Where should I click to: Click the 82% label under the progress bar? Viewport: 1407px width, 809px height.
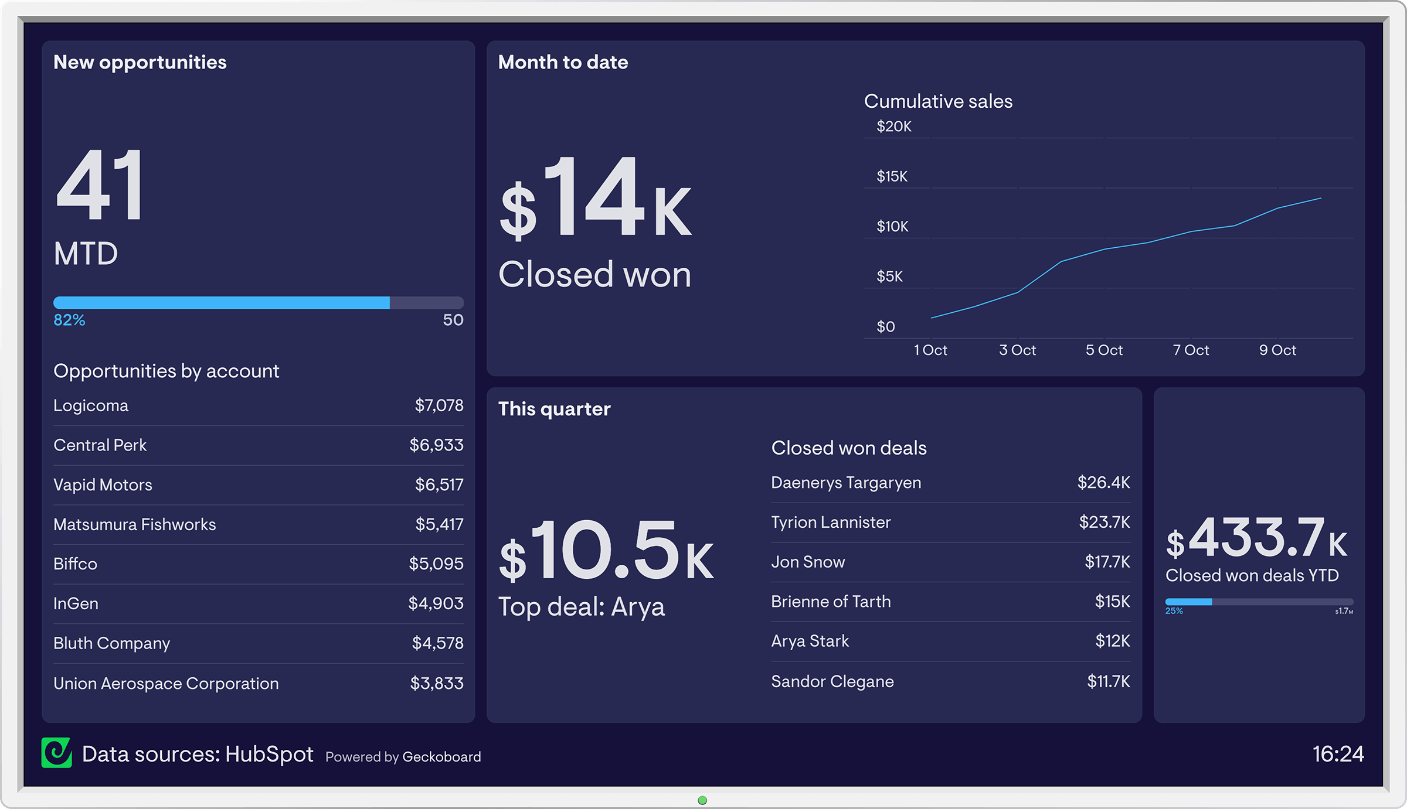tap(69, 320)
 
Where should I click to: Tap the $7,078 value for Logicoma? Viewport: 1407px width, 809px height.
tap(439, 405)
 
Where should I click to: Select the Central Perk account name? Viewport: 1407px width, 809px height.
tap(100, 445)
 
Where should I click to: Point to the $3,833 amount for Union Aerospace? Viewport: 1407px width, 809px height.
tap(436, 683)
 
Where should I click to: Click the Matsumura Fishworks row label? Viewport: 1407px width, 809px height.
tap(134, 524)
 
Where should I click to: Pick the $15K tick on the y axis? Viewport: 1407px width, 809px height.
tap(892, 176)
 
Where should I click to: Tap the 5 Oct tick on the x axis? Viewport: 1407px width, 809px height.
tap(1103, 350)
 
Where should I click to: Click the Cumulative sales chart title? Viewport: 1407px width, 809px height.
tap(938, 101)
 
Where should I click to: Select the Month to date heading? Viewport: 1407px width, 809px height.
tap(563, 62)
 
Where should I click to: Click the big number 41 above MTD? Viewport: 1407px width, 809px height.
tap(100, 186)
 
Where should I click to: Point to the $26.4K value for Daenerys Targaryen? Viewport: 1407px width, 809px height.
tap(1103, 483)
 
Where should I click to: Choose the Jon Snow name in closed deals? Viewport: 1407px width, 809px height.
tap(808, 562)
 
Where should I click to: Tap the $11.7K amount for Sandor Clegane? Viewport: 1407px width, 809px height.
tap(1108, 681)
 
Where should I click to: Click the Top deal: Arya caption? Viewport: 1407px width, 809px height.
tap(581, 607)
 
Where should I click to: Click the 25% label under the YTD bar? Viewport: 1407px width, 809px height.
tap(1174, 611)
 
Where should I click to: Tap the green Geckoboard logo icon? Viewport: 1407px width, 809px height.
tap(56, 753)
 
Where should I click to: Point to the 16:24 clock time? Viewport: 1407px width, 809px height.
tap(1337, 754)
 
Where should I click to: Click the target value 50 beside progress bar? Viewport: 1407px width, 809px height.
tap(453, 320)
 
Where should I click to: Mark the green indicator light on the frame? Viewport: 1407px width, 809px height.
tap(702, 800)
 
